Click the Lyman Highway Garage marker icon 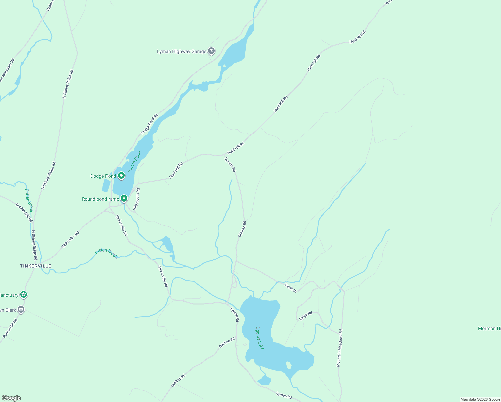coord(211,51)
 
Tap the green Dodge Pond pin coord(121,175)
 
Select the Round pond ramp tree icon coord(124,199)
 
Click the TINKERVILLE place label coord(35,266)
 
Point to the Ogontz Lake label coord(260,338)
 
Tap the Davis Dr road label coord(291,288)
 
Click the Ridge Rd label coord(305,316)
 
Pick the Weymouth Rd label coord(137,199)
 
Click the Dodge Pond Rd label coord(149,124)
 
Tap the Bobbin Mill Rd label coord(24,212)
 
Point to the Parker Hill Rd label coord(10,328)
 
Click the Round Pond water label coord(135,162)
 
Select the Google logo coord(11,398)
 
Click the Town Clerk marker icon coord(21,310)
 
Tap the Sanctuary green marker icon coord(24,295)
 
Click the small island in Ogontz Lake coord(289,365)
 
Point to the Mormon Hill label coord(489,328)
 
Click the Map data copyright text coord(480,399)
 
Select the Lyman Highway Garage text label coord(182,51)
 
